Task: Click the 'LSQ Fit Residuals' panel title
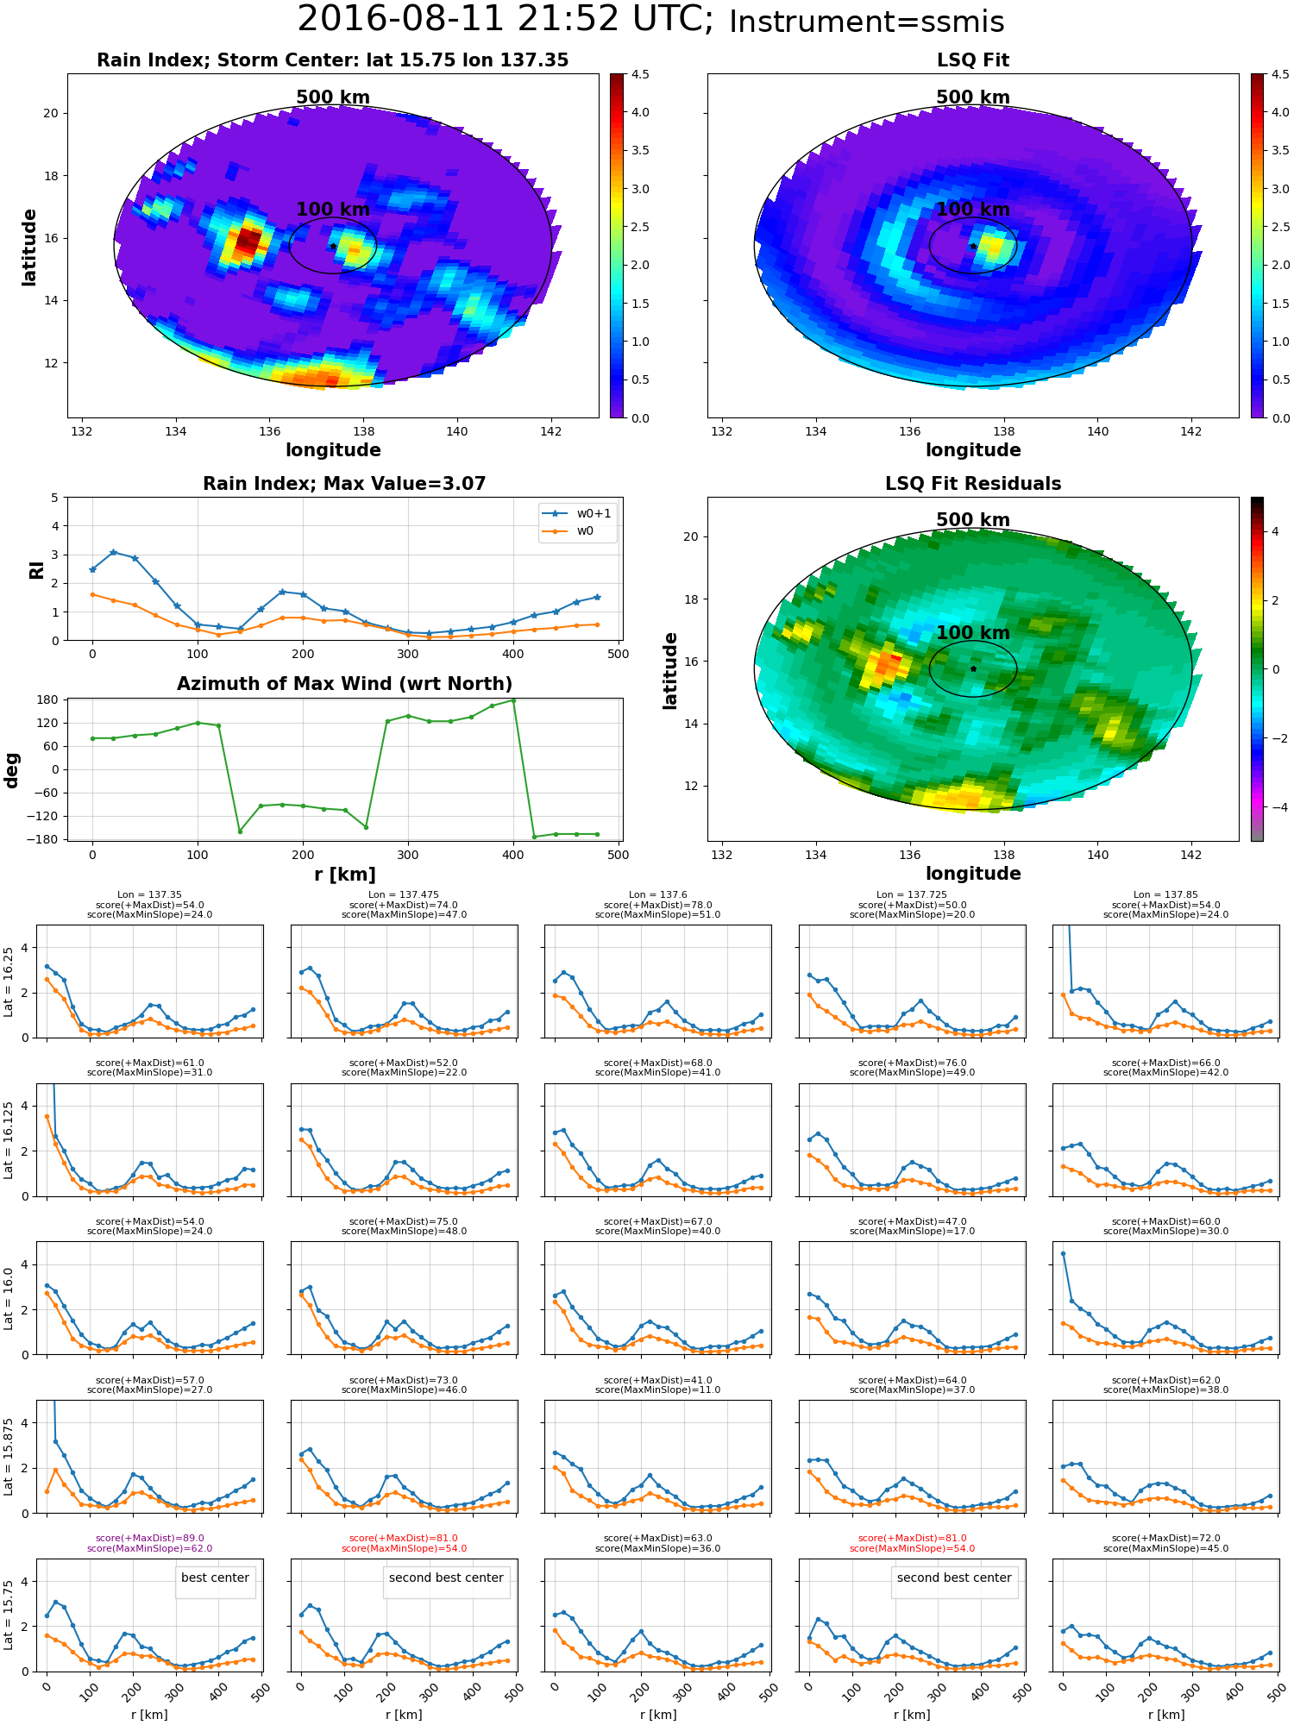point(972,484)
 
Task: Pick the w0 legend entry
point(585,530)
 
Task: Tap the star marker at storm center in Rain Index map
point(333,246)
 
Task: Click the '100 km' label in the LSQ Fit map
point(972,210)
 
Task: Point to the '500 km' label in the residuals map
point(972,520)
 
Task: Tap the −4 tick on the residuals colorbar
point(1274,807)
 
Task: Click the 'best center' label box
point(215,1578)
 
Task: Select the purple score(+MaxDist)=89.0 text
point(149,1539)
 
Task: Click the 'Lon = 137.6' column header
point(657,895)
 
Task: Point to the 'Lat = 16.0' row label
point(9,1298)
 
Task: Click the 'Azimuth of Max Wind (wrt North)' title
point(344,684)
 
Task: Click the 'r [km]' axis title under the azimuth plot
point(344,875)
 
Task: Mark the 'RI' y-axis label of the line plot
point(36,569)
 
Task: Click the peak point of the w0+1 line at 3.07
point(113,552)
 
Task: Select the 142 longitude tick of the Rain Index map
point(550,432)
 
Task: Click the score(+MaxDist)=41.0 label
point(657,1381)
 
